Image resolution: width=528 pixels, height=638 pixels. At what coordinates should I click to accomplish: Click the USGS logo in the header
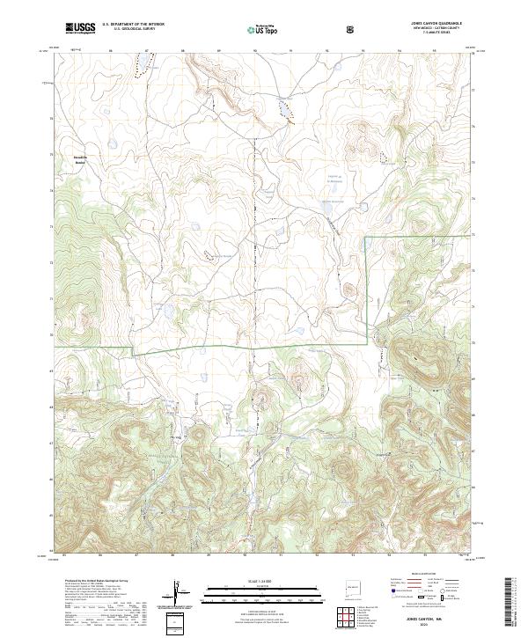tap(80, 28)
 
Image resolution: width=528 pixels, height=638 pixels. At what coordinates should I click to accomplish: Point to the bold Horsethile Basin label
tap(80, 160)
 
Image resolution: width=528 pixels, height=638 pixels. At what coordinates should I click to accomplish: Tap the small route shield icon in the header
tap(351, 28)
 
